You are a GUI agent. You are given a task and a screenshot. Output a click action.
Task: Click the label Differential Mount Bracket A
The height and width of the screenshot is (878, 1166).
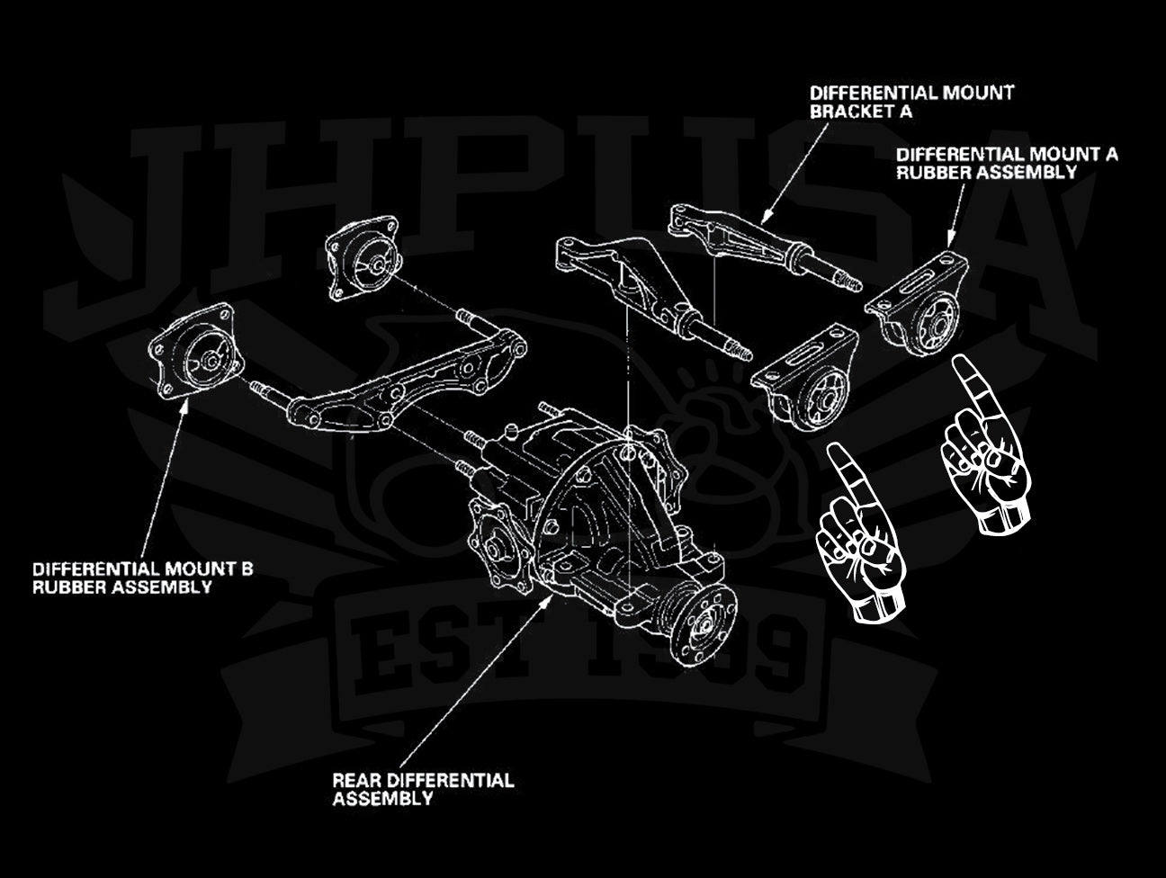tap(910, 102)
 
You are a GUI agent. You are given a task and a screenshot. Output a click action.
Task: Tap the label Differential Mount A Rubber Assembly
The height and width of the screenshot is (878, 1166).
tap(1007, 163)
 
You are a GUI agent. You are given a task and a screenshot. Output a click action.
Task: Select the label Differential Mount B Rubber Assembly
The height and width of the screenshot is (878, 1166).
tap(143, 578)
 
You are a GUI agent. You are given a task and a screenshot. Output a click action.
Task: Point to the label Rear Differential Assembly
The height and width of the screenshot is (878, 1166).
tap(423, 788)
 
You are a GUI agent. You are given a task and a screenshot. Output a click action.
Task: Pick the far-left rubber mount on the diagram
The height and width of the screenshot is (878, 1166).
tap(193, 353)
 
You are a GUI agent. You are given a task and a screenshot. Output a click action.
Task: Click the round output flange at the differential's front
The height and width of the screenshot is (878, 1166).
tap(706, 620)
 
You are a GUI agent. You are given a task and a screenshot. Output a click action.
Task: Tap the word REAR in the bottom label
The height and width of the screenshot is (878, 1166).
tap(354, 779)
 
